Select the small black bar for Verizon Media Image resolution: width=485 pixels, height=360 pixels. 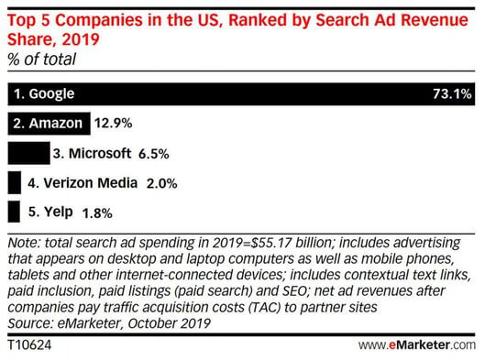click(13, 182)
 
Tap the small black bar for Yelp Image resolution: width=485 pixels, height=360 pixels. click(12, 213)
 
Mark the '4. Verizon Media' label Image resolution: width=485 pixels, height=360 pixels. click(79, 182)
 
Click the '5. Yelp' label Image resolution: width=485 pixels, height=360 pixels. click(47, 213)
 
